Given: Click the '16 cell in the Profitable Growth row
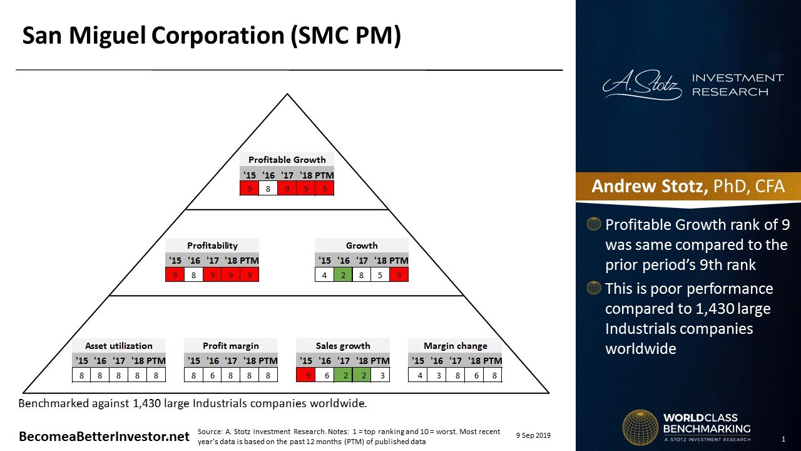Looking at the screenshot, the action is coord(268,189).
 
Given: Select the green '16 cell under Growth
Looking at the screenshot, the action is coord(343,275).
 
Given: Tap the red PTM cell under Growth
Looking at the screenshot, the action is coord(399,275).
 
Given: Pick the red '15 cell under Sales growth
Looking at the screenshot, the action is coord(306,375).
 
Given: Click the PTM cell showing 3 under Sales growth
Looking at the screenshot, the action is coord(380,375).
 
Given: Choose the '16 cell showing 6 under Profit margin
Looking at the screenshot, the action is coord(212,375).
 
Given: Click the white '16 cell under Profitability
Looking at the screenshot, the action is coord(193,275).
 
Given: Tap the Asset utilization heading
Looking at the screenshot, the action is coord(119,346).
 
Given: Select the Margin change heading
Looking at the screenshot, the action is coord(455,346).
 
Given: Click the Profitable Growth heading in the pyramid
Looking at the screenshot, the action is coord(287,160).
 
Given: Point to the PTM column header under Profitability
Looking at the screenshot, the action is coord(249,260).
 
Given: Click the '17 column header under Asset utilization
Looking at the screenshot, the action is coord(119,360).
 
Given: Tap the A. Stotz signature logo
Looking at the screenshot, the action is coord(642,85).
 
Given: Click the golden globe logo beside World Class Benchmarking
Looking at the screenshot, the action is coord(640,428).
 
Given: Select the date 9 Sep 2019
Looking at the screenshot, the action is coord(533,435).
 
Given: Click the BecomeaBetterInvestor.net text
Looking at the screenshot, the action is coord(104,437).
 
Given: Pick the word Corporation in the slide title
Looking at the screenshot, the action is coord(218,35).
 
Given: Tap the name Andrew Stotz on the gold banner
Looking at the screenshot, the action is coord(650,186).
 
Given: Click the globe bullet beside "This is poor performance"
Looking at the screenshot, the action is coord(594,288).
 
